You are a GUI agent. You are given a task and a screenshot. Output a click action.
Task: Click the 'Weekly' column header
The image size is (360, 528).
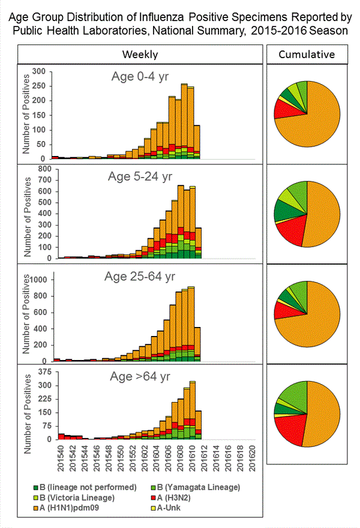(x=140, y=55)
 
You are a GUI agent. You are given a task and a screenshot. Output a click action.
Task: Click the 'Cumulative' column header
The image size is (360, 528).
(x=307, y=55)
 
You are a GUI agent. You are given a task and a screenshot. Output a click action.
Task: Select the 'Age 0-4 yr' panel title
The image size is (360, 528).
(x=140, y=77)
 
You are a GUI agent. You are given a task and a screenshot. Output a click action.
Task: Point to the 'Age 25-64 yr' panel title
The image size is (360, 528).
(x=141, y=278)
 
